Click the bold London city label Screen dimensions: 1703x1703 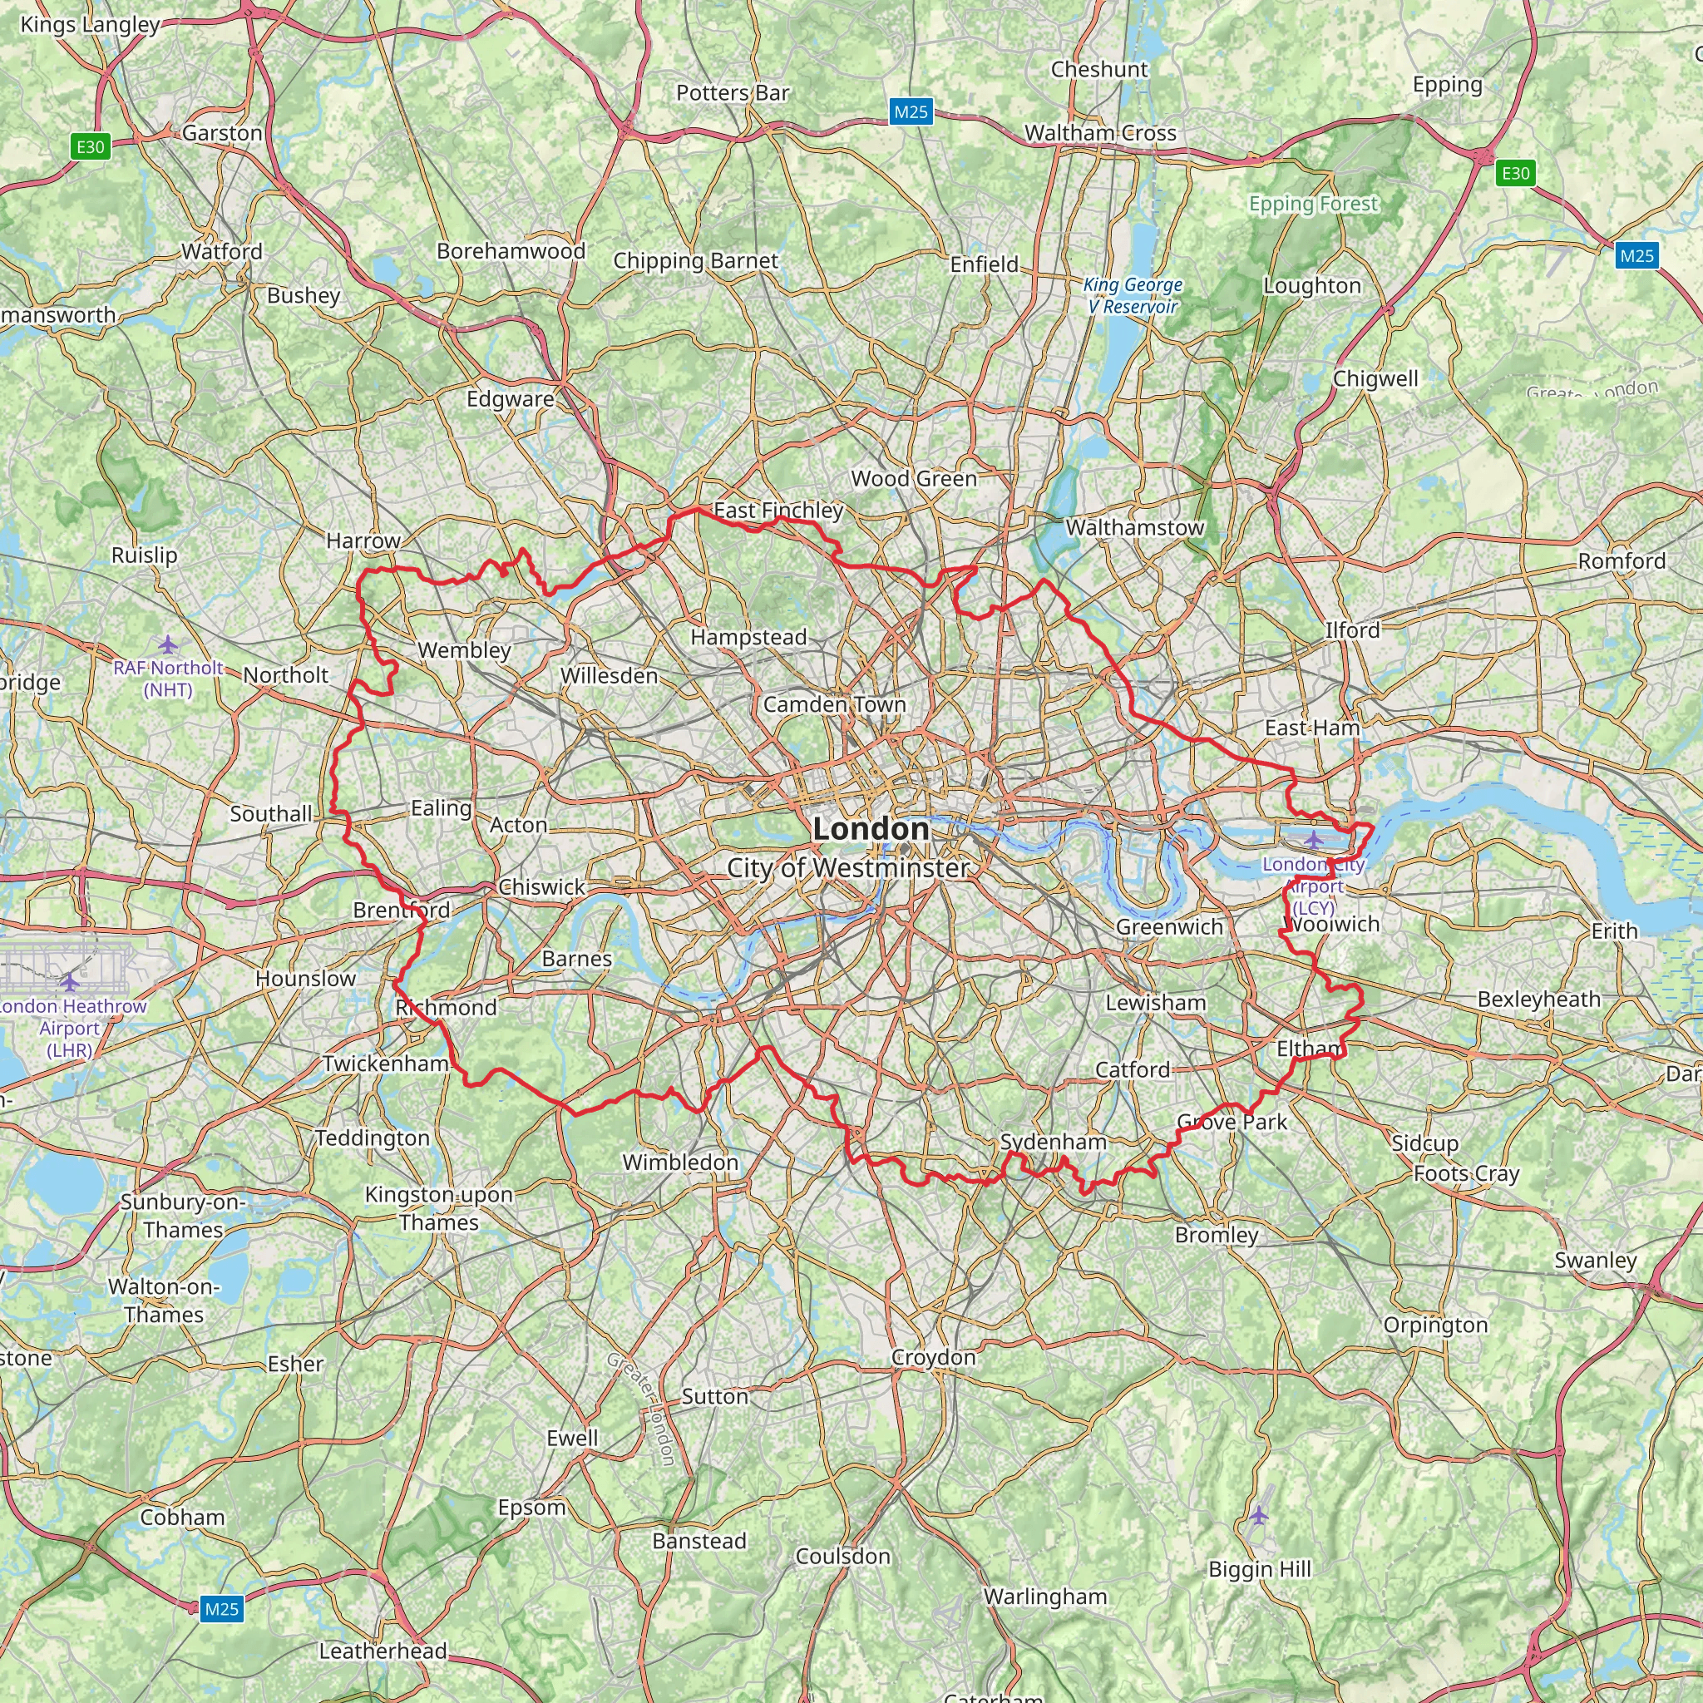pyautogui.click(x=870, y=828)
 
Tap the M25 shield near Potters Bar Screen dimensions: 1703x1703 pyautogui.click(x=911, y=112)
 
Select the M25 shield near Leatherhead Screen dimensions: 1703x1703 pyautogui.click(x=221, y=1609)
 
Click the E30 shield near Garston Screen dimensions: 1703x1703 pyautogui.click(x=90, y=147)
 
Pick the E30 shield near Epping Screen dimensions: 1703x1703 pyautogui.click(x=1515, y=173)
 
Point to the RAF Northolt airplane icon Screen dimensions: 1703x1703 pyautogui.click(x=167, y=644)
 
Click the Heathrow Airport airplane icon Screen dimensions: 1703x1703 pyautogui.click(x=70, y=982)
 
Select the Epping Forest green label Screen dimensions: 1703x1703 pyautogui.click(x=1312, y=204)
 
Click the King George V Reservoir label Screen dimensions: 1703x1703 pyautogui.click(x=1132, y=295)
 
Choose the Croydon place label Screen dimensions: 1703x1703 pyautogui.click(x=933, y=1356)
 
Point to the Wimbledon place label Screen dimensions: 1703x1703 pyautogui.click(x=679, y=1162)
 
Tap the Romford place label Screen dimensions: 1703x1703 pyautogui.click(x=1621, y=560)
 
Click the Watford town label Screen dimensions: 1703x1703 pyautogui.click(x=222, y=251)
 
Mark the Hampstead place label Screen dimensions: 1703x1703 pyautogui.click(x=748, y=636)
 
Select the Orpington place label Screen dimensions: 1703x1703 pyautogui.click(x=1435, y=1325)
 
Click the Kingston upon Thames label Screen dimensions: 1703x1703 pyautogui.click(x=438, y=1208)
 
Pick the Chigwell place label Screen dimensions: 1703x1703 pyautogui.click(x=1375, y=378)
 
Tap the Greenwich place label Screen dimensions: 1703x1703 pyautogui.click(x=1169, y=926)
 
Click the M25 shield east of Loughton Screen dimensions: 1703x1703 pyautogui.click(x=1636, y=255)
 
